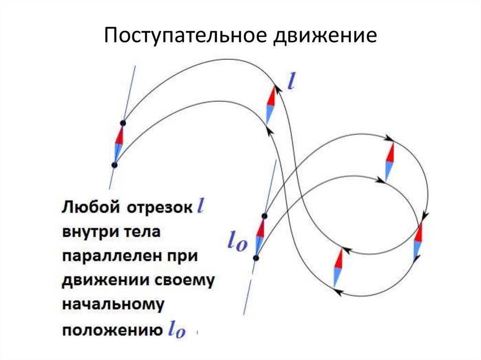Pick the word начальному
coord(113,305)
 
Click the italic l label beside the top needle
coord(291,83)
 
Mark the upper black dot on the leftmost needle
coord(123,123)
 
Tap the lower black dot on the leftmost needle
coord(114,165)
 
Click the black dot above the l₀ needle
coord(264,216)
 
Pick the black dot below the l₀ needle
coord(256,257)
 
